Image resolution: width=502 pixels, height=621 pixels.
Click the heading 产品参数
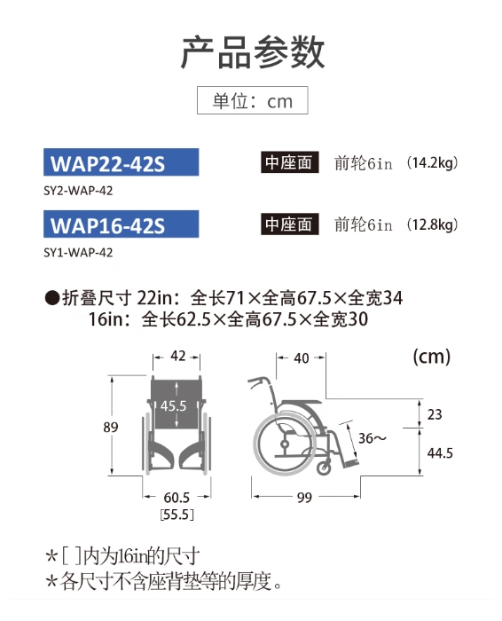(x=253, y=52)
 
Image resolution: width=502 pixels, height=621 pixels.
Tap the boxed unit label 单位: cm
(x=253, y=100)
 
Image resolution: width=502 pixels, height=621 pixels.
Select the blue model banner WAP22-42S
(x=122, y=162)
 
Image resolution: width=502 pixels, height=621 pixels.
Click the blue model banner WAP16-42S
(x=122, y=224)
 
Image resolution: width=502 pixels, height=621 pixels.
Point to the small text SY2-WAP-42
(x=78, y=191)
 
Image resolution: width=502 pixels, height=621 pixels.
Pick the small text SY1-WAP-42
(x=78, y=253)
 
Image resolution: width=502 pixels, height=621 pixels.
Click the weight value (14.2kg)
(x=432, y=162)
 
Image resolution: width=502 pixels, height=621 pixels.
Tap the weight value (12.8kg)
(x=432, y=224)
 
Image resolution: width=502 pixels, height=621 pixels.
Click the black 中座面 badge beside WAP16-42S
(x=289, y=224)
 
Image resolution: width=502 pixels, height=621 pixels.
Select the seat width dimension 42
(x=177, y=356)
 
